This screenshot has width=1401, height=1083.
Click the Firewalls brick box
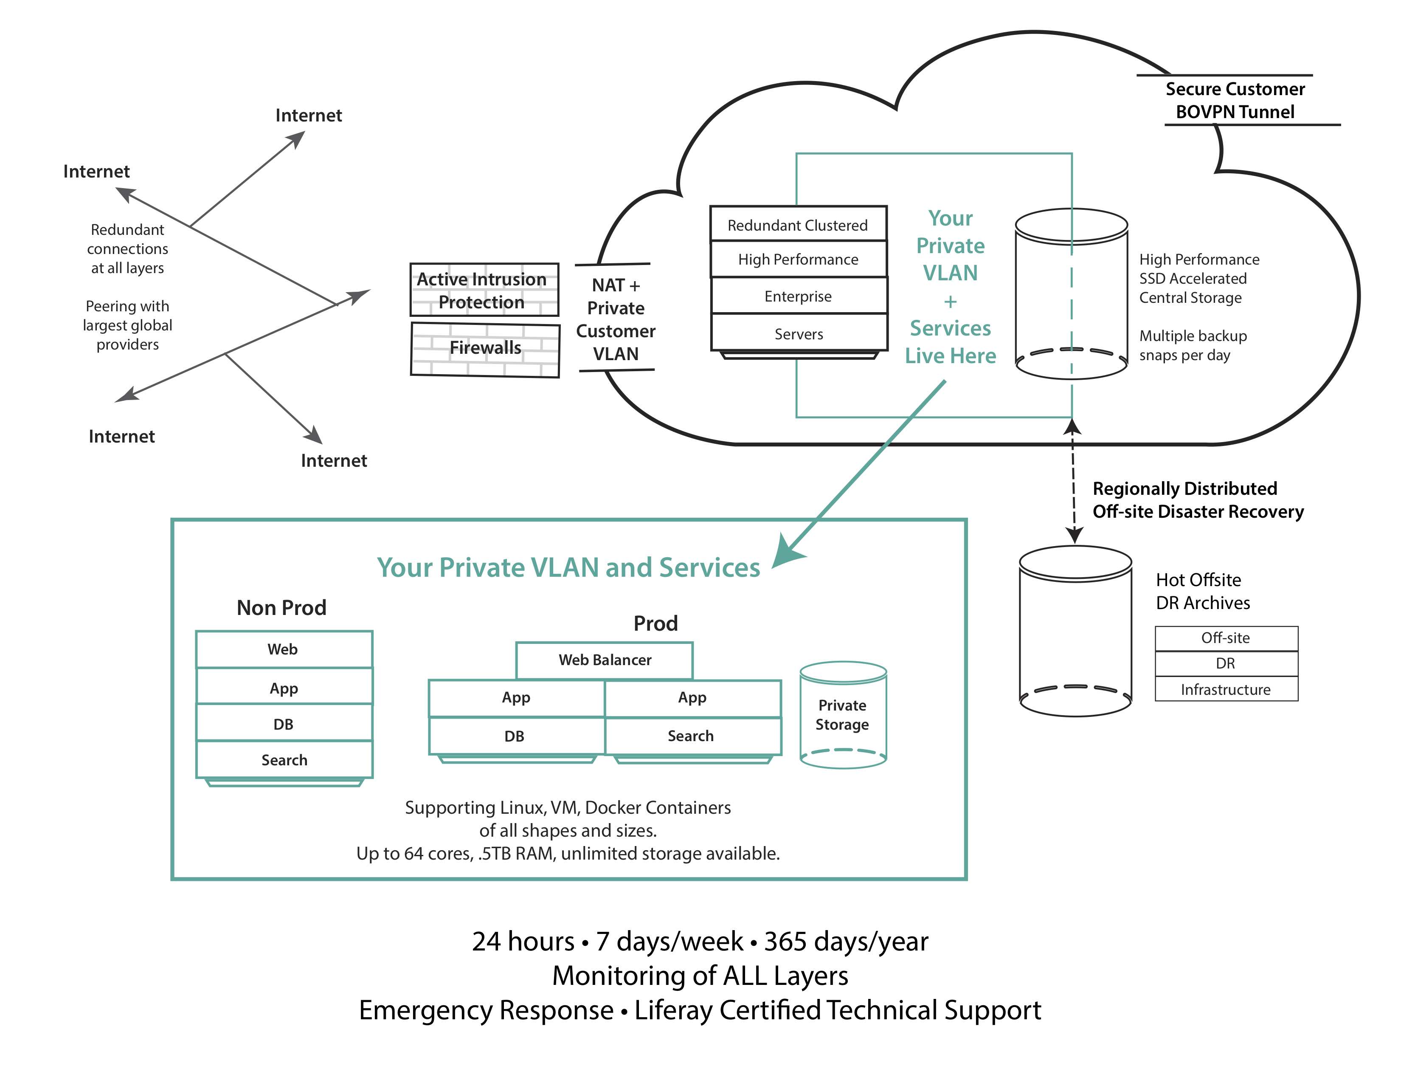click(x=485, y=349)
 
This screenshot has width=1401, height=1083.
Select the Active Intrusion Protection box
click(x=484, y=290)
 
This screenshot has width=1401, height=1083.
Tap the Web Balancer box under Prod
click(x=604, y=660)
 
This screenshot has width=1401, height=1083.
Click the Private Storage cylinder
click(x=843, y=715)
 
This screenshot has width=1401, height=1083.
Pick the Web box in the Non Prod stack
click(x=284, y=649)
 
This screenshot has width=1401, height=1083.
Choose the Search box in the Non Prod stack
click(x=284, y=760)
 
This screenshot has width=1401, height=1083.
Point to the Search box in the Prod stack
click(x=692, y=736)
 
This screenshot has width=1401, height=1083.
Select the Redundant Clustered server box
click(x=798, y=225)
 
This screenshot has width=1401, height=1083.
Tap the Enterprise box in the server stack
click(x=798, y=296)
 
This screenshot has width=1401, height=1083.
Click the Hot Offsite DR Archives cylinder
click(x=1075, y=632)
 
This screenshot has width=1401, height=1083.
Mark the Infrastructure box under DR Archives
click(x=1226, y=690)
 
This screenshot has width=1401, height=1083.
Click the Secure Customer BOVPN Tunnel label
click(x=1235, y=100)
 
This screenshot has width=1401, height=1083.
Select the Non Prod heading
click(x=281, y=608)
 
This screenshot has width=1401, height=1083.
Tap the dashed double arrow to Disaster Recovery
click(x=1074, y=481)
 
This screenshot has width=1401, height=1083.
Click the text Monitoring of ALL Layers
click(x=700, y=976)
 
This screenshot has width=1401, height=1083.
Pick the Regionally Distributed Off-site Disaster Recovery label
click(x=1197, y=500)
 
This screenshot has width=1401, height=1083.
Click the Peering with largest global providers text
click(x=128, y=325)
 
